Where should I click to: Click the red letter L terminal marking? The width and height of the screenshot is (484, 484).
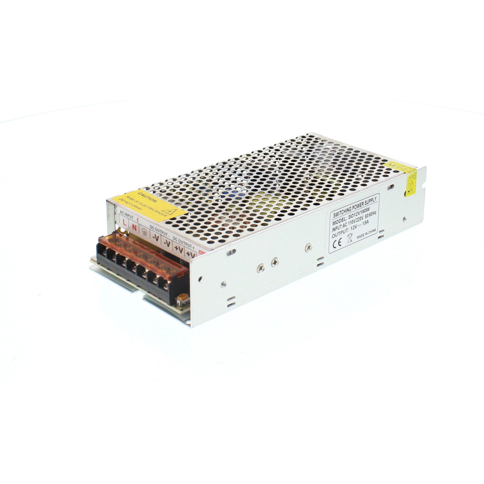click(x=124, y=222)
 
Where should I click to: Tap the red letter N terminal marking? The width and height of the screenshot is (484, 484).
click(x=135, y=227)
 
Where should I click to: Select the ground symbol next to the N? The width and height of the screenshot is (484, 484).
click(x=144, y=231)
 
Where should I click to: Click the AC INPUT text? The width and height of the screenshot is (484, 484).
click(x=127, y=214)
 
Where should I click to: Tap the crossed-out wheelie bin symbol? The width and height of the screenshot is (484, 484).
click(x=350, y=238)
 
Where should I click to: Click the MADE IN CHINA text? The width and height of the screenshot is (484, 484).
click(x=366, y=234)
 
